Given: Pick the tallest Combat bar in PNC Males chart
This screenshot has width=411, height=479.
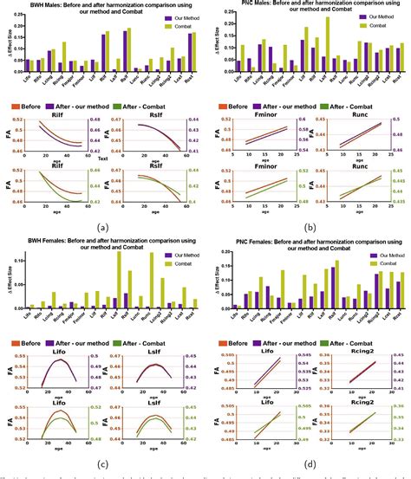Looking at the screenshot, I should pos(328,42).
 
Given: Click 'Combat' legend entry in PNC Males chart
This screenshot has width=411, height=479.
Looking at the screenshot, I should pos(375,25).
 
